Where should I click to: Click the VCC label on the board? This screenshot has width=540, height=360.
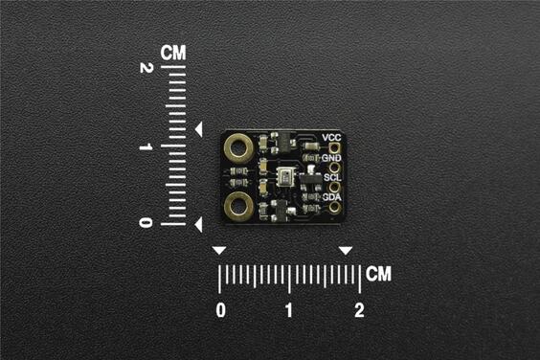pyautogui.click(x=331, y=138)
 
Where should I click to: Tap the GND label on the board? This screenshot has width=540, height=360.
pyautogui.click(x=331, y=157)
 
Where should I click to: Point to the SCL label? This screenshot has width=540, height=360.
pyautogui.click(x=331, y=177)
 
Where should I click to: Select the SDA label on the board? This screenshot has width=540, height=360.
pyautogui.click(x=331, y=196)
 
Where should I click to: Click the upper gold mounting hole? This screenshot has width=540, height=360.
pyautogui.click(x=238, y=147)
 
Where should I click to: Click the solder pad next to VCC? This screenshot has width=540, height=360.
pyautogui.click(x=334, y=147)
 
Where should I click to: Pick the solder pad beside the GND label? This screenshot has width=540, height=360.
pyautogui.click(x=334, y=167)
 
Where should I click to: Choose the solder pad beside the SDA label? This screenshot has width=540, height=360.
pyautogui.click(x=334, y=207)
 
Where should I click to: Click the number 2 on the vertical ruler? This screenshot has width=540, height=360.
pyautogui.click(x=146, y=70)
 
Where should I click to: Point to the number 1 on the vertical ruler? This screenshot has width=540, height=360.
pyautogui.click(x=146, y=146)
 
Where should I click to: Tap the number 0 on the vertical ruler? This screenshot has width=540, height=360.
pyautogui.click(x=146, y=223)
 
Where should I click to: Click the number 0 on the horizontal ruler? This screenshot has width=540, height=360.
pyautogui.click(x=222, y=310)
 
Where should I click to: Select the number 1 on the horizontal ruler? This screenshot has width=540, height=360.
pyautogui.click(x=289, y=310)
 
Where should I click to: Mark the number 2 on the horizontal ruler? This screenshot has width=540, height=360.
pyautogui.click(x=359, y=310)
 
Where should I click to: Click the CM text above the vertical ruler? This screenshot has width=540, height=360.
pyautogui.click(x=173, y=51)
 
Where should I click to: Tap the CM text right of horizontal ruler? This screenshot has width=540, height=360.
pyautogui.click(x=379, y=274)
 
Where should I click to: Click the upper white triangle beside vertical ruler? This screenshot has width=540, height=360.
pyautogui.click(x=198, y=128)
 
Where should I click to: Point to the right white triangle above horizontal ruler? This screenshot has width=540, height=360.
pyautogui.click(x=346, y=251)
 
